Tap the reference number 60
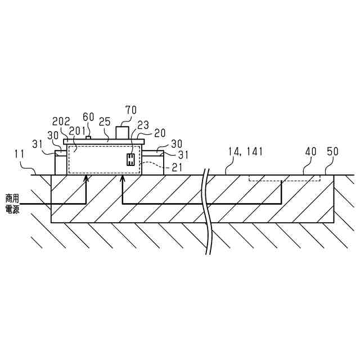tap(88, 116)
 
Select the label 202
tap(61, 121)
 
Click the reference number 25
tap(105, 121)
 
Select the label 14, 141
tap(245, 152)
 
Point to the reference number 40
tap(310, 152)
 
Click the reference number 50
tap(333, 152)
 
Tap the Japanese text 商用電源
tap(12, 203)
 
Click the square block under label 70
tap(122, 132)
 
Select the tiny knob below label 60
tap(88, 137)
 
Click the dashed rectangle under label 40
tap(285, 178)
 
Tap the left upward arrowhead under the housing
tap(86, 178)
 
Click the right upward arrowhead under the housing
tap(122, 178)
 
